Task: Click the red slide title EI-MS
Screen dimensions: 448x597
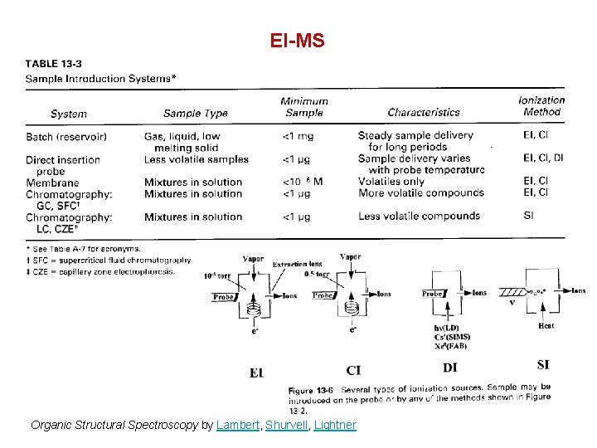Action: click(x=298, y=40)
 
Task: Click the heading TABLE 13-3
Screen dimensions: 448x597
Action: click(x=60, y=63)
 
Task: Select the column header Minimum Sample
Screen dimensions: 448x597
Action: click(x=303, y=107)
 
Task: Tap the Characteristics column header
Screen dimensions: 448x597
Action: click(x=423, y=112)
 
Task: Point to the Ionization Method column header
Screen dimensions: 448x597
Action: click(x=541, y=105)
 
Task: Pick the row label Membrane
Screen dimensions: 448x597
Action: click(x=52, y=183)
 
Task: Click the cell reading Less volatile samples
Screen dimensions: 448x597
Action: click(x=196, y=159)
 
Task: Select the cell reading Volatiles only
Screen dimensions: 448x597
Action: click(x=391, y=182)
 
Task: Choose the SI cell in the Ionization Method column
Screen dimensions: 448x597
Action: click(x=529, y=216)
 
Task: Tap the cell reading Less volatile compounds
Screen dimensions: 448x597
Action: click(x=419, y=216)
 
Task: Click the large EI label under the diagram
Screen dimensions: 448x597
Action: click(x=257, y=373)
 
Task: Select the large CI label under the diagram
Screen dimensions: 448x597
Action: click(x=353, y=370)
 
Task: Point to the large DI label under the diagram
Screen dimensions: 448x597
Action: click(x=450, y=368)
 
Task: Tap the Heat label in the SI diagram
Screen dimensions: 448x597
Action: click(x=546, y=326)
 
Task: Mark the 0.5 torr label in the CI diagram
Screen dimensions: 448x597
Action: click(x=316, y=273)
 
